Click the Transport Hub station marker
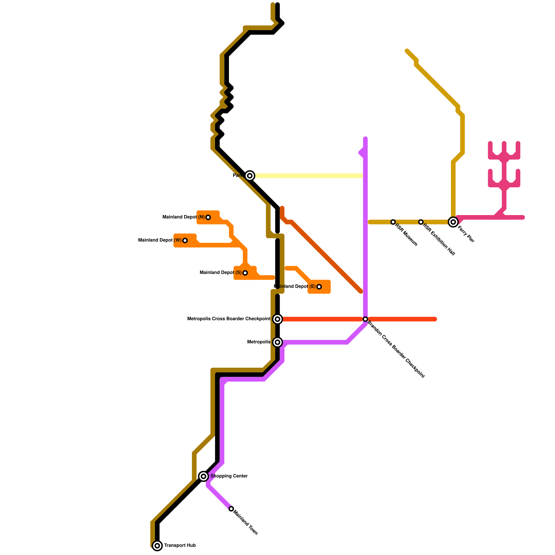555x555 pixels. click(157, 546)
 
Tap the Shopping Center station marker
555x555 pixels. click(204, 476)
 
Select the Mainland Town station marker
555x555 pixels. click(231, 509)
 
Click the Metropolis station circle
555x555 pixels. click(277, 342)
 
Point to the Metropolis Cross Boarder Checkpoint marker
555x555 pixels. click(277, 319)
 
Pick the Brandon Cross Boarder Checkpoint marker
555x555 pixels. click(365, 319)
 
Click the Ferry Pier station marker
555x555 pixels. click(453, 222)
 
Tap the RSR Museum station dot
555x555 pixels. click(393, 222)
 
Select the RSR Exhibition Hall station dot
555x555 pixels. click(421, 222)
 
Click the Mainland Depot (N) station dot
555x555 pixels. click(208, 217)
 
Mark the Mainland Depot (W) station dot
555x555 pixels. click(185, 240)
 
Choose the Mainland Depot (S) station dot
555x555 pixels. click(245, 273)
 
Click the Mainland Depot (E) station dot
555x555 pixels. click(319, 287)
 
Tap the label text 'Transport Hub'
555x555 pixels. click(180, 546)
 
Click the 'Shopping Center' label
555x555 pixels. click(229, 476)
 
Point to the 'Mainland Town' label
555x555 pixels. click(246, 522)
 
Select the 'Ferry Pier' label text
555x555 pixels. click(466, 234)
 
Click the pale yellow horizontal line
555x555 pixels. click(309, 176)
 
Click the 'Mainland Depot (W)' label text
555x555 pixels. click(160, 240)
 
